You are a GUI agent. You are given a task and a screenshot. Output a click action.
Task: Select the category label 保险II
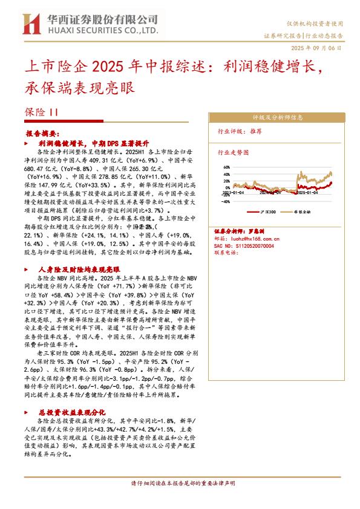click(x=42, y=112)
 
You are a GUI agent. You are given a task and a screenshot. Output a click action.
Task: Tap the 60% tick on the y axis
click(x=227, y=167)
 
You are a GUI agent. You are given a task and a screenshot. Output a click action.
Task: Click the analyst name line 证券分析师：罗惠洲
click(x=241, y=232)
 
